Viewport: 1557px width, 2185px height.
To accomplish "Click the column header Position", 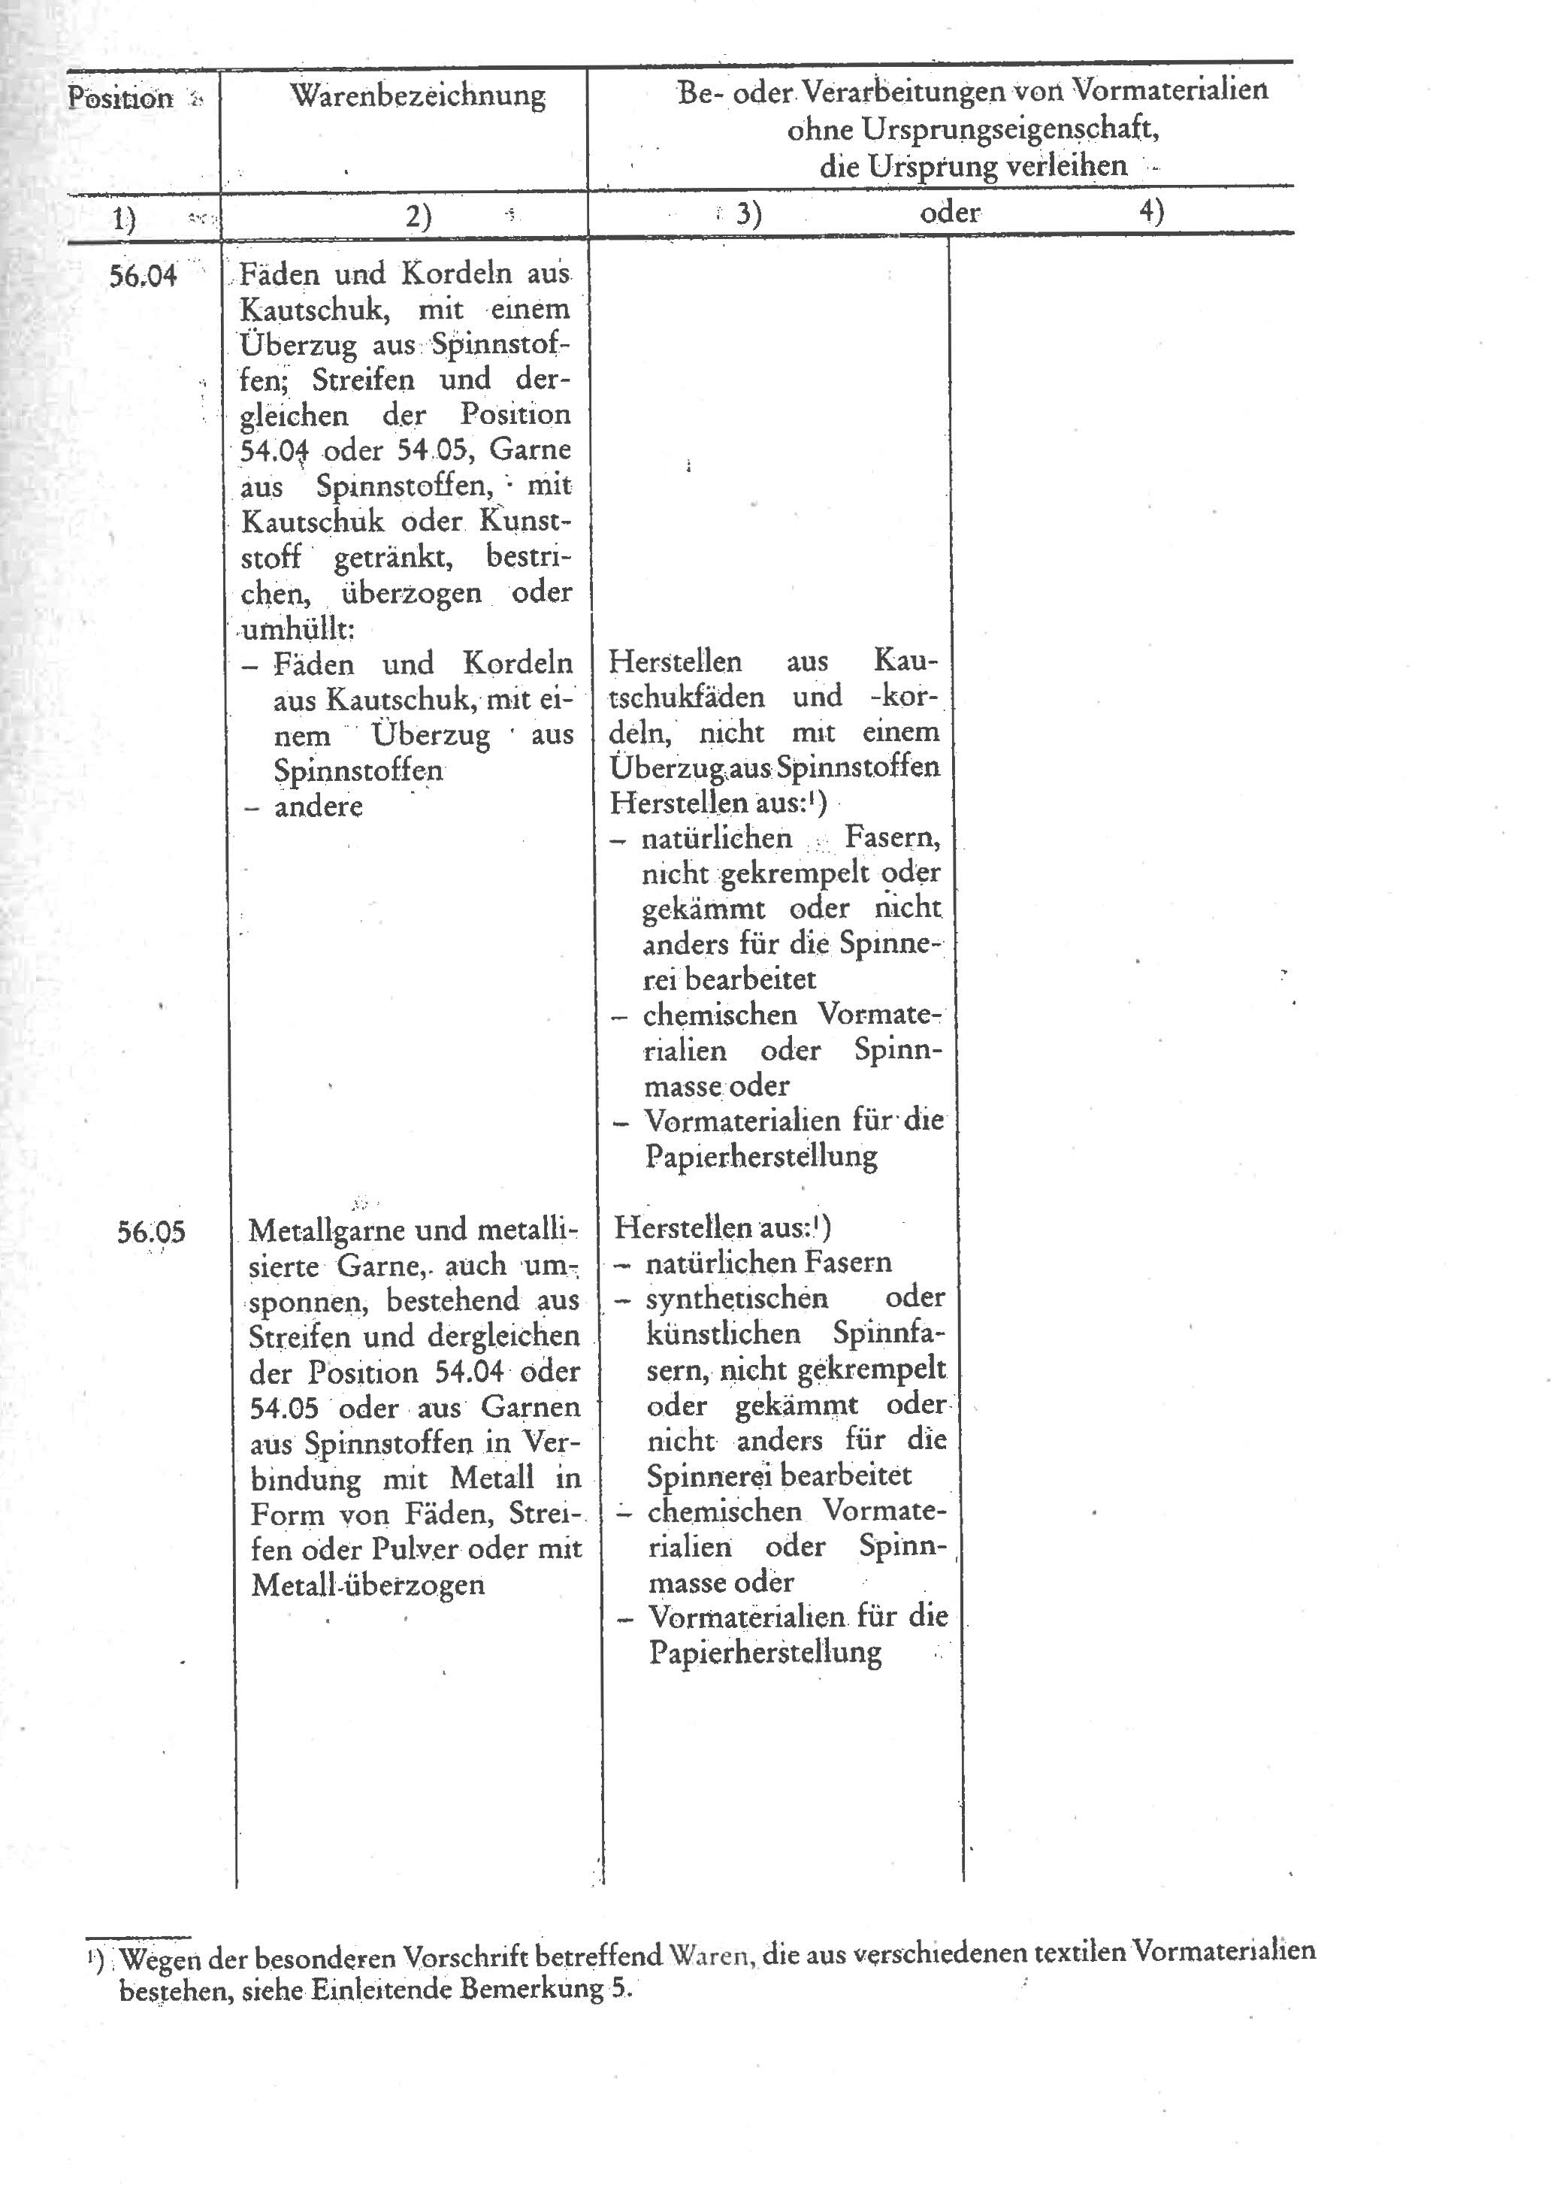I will pos(119,98).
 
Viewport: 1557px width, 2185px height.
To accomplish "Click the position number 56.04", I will pos(143,276).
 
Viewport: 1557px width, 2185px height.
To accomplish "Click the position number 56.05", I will pos(150,1231).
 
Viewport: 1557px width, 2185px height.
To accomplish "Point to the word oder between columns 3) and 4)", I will pos(949,212).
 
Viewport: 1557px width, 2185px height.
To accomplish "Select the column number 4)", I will pos(1150,210).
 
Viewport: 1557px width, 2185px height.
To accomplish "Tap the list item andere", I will pos(319,807).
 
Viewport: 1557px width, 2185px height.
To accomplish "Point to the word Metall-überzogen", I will pos(367,1584).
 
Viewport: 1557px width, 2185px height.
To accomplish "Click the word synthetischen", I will pos(736,1298).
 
